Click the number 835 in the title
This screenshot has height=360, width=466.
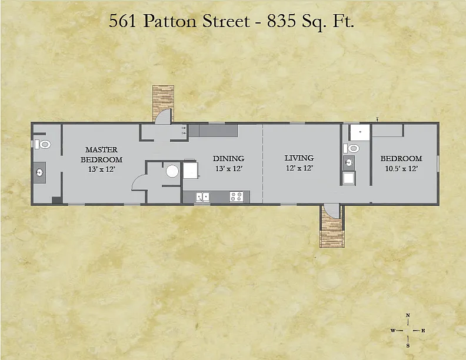click(x=281, y=21)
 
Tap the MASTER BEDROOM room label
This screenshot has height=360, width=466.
click(x=101, y=155)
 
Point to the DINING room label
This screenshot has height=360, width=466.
click(x=228, y=159)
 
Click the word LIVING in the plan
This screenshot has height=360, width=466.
click(x=299, y=158)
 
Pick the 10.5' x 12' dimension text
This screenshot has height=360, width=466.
click(x=401, y=169)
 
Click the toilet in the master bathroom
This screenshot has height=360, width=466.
click(x=43, y=145)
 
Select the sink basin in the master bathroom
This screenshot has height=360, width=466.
click(x=39, y=172)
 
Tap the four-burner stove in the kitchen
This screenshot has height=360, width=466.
click(x=237, y=196)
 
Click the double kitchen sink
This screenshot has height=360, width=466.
click(x=202, y=196)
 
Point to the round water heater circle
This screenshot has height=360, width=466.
click(x=172, y=171)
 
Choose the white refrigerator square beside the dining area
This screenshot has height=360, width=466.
click(x=190, y=170)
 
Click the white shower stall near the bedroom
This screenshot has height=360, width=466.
click(x=360, y=132)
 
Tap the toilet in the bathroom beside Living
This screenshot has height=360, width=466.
click(x=351, y=148)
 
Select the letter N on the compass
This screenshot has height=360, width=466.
click(x=408, y=315)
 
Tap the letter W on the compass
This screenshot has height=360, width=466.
click(x=393, y=331)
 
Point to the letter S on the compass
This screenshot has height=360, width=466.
click(x=408, y=345)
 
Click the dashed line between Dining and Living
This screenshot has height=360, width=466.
click(x=263, y=163)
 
